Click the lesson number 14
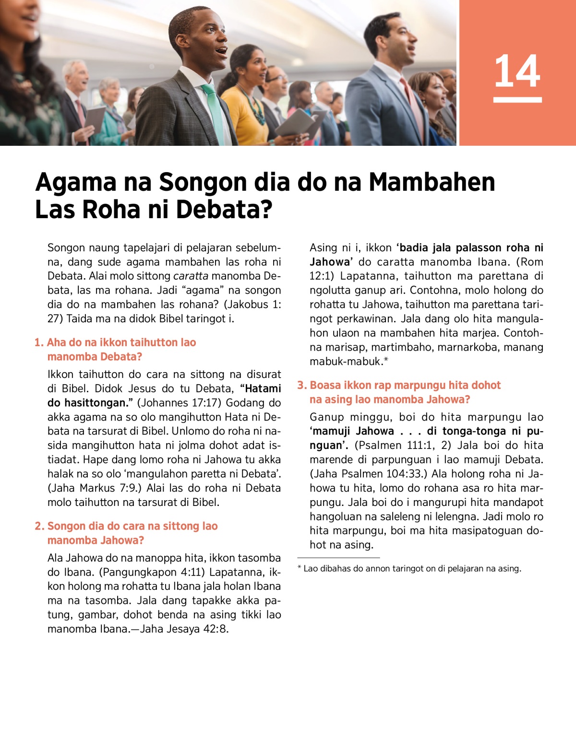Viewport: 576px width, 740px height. click(517, 71)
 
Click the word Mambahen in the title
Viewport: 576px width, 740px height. click(432, 182)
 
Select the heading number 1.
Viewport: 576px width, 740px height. click(38, 342)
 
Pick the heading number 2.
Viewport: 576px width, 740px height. click(39, 526)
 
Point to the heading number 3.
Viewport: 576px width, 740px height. click(301, 385)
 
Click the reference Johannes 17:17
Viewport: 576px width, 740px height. click(180, 403)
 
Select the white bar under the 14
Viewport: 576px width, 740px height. click(517, 100)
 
